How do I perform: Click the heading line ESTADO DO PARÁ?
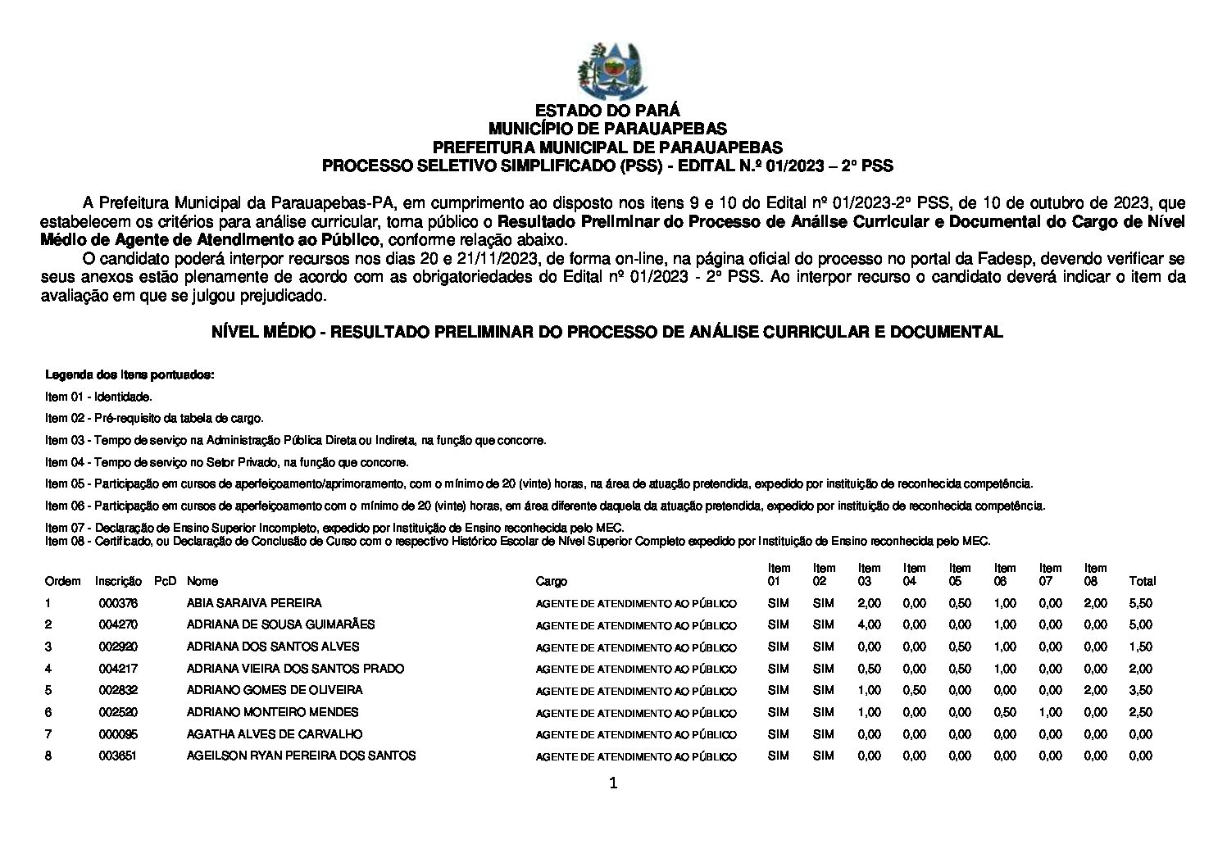607,111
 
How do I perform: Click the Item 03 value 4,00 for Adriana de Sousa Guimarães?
869,624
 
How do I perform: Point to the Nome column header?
202,581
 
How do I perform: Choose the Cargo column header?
551,581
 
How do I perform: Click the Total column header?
1142,581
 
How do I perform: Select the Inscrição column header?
118,581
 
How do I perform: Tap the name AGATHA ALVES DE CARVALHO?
275,734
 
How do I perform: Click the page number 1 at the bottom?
613,783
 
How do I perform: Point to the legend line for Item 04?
227,462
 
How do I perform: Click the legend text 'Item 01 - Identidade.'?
98,397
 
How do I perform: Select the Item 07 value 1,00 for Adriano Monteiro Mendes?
1050,712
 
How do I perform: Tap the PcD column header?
165,581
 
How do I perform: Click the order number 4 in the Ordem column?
48,669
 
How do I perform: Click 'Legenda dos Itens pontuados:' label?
130,375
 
